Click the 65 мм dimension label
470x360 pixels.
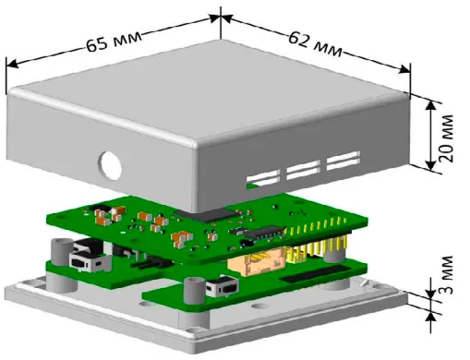point(114,41)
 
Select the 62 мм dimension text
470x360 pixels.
point(315,44)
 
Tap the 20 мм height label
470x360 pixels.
point(446,138)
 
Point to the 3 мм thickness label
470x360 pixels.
point(446,275)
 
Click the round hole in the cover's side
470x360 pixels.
point(110,165)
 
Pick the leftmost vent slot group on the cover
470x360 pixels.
point(262,178)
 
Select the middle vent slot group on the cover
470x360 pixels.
point(303,170)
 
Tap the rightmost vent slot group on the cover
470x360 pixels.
point(343,161)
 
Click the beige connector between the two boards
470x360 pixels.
point(257,263)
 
